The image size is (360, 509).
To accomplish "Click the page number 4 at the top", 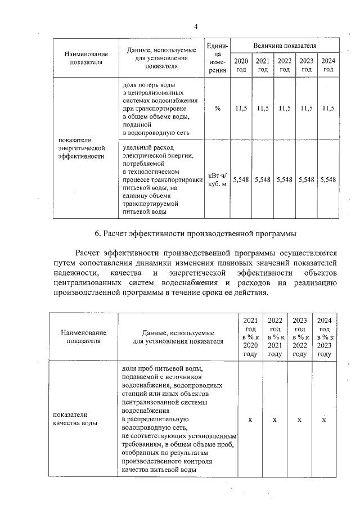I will [x=196, y=26].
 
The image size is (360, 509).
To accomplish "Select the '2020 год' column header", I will [x=240, y=65].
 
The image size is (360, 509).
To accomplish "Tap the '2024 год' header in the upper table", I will [x=328, y=65].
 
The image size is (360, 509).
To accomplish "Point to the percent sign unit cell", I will [x=217, y=109].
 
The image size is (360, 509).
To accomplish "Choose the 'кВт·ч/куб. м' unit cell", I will [x=217, y=179].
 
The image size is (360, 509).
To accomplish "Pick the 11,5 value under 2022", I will [x=285, y=109].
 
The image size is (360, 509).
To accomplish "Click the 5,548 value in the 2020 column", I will [x=240, y=179].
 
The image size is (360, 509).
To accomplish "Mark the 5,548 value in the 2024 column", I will [x=328, y=179].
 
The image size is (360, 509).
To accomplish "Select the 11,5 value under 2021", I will [x=263, y=109].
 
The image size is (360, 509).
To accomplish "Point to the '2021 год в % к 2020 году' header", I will [x=250, y=337].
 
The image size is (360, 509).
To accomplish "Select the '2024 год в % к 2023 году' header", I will [x=325, y=337].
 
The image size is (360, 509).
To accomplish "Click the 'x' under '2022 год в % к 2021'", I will [x=275, y=420].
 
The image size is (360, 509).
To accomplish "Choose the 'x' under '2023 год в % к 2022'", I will [x=300, y=420].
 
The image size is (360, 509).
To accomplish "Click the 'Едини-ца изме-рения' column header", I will [x=217, y=57].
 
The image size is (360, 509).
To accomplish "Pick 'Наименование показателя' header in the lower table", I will [x=83, y=337].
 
